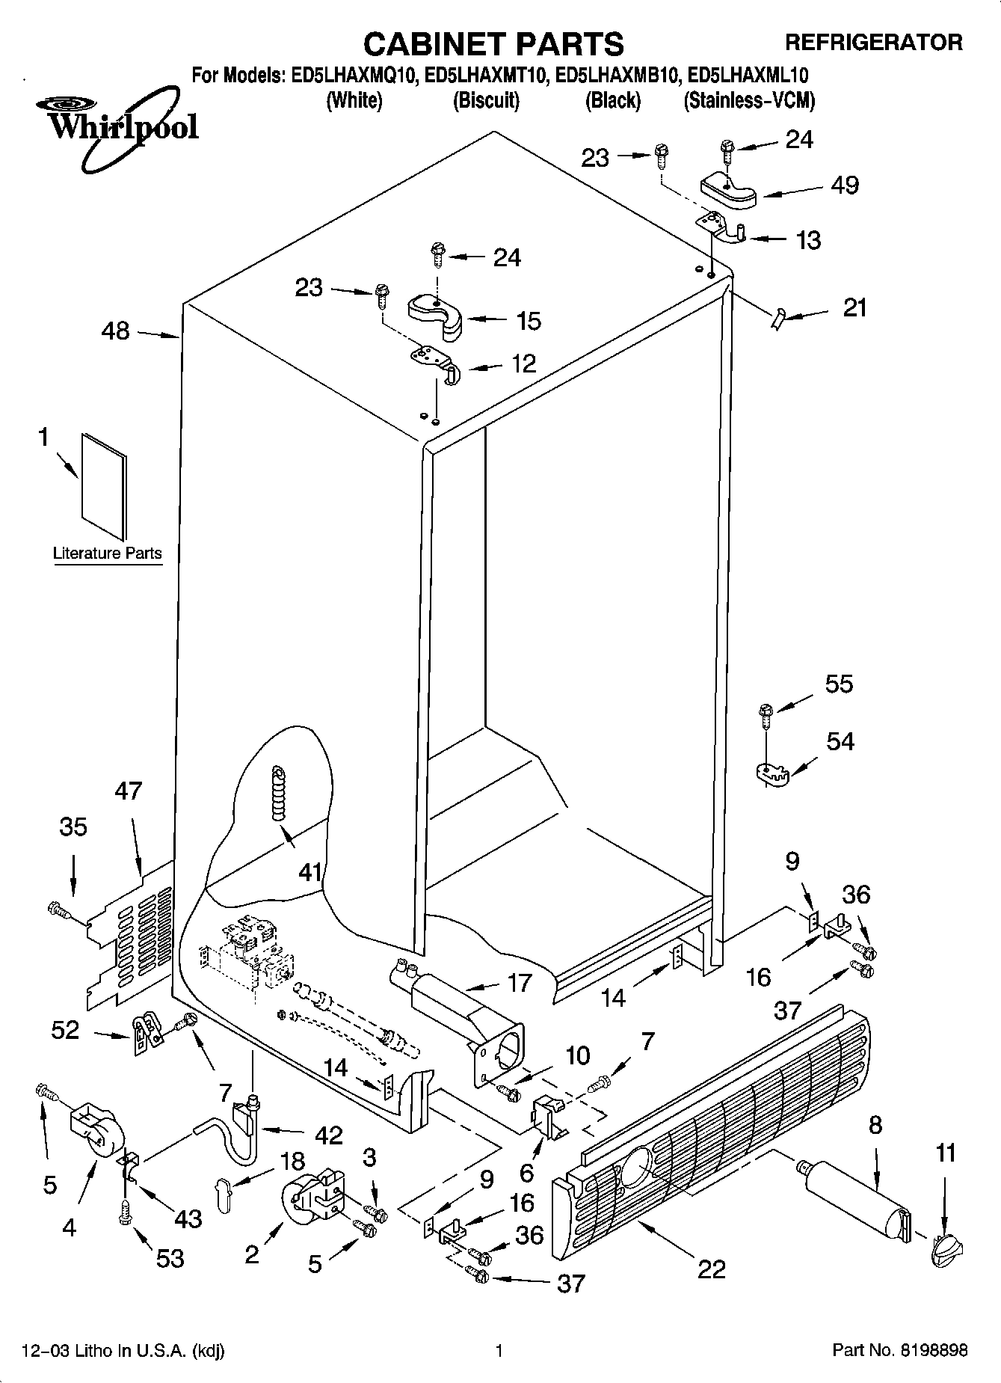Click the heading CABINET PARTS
click(x=493, y=44)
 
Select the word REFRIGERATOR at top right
click(x=873, y=43)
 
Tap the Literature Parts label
click(x=108, y=553)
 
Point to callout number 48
click(x=115, y=331)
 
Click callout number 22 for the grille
click(x=711, y=1269)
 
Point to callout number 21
click(x=854, y=307)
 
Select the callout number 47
click(x=129, y=791)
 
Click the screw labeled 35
click(x=58, y=910)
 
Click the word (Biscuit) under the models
click(x=486, y=100)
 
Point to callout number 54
click(x=840, y=741)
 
